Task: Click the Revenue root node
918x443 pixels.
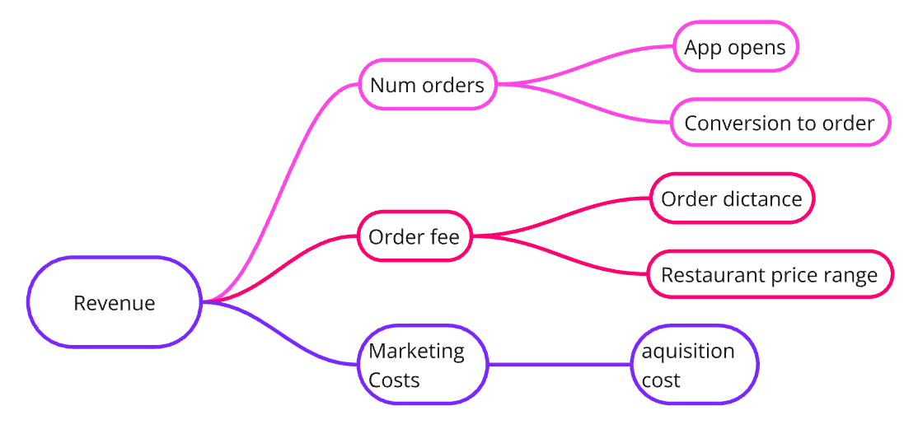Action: (115, 302)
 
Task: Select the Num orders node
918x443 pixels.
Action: (427, 84)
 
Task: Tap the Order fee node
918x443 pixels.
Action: (415, 237)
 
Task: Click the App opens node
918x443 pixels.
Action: (735, 47)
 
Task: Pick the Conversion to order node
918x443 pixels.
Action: (780, 123)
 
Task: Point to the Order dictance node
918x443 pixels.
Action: (732, 198)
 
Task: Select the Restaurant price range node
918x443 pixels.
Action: (770, 274)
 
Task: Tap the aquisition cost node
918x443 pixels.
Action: (695, 365)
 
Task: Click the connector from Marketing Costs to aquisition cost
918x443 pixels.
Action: (560, 364)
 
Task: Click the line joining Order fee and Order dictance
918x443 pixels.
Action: (560, 217)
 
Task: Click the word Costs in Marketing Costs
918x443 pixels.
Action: (394, 380)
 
